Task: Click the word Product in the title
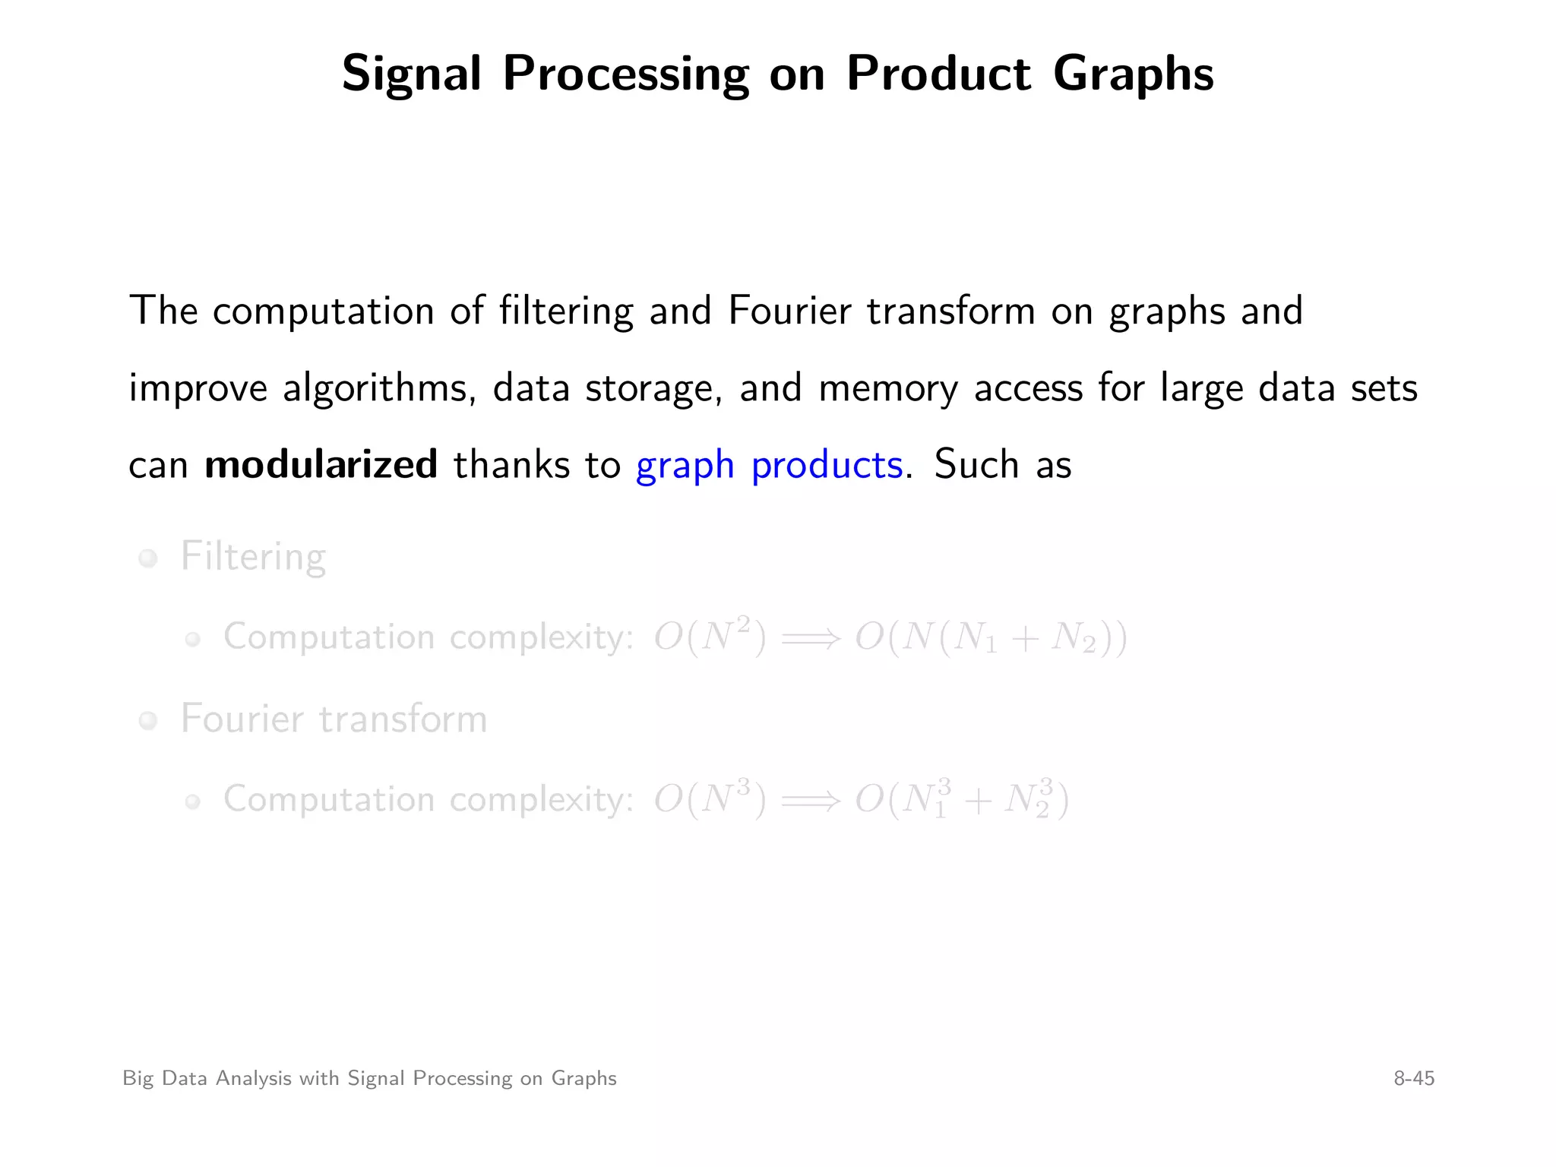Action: pyautogui.click(x=939, y=74)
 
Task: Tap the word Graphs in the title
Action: pyautogui.click(x=1133, y=75)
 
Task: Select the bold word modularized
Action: pyautogui.click(x=321, y=464)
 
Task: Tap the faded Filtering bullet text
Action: pyautogui.click(x=253, y=557)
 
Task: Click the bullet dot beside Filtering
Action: pyautogui.click(x=148, y=559)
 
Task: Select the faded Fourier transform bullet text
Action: pyautogui.click(x=334, y=719)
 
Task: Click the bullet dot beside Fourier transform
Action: pyautogui.click(x=148, y=720)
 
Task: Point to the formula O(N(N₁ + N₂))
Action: pyautogui.click(x=991, y=637)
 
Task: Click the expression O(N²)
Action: pyautogui.click(x=710, y=637)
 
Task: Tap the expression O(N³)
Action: pyautogui.click(x=710, y=799)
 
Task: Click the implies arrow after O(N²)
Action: pyautogui.click(x=811, y=638)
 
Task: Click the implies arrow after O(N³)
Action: pyautogui.click(x=811, y=801)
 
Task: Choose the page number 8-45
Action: pyautogui.click(x=1413, y=1078)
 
